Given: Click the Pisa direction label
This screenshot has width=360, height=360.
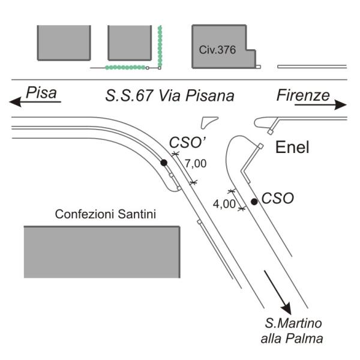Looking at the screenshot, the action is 41,92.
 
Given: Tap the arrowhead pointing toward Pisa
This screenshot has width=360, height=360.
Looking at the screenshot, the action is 15,102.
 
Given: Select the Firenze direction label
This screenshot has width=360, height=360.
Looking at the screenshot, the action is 303,95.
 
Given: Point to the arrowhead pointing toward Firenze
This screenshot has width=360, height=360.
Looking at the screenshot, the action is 340,105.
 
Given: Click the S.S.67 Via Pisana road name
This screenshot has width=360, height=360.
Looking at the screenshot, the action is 170,95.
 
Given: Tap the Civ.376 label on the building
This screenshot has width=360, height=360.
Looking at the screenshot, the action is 217,50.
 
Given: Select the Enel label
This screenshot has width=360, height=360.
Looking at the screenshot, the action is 292,147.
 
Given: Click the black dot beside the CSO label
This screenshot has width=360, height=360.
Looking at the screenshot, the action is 254,202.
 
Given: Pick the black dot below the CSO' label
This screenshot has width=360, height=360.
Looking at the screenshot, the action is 164,163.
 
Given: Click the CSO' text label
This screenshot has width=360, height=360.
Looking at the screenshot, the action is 187,143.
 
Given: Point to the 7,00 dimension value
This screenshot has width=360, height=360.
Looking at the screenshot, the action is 196,164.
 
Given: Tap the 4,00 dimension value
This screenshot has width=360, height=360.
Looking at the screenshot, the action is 224,204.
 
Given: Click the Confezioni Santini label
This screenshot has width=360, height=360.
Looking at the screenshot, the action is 106,214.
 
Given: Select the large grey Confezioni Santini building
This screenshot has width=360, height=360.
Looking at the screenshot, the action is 102,252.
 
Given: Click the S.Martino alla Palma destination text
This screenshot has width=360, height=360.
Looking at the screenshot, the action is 292,331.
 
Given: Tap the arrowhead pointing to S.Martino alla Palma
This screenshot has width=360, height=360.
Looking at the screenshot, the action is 286,308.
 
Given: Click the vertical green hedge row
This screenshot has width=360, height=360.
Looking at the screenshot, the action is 160,46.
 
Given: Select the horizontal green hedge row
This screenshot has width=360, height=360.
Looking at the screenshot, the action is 125,67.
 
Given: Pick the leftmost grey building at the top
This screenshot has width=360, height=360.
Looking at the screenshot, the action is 64,43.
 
